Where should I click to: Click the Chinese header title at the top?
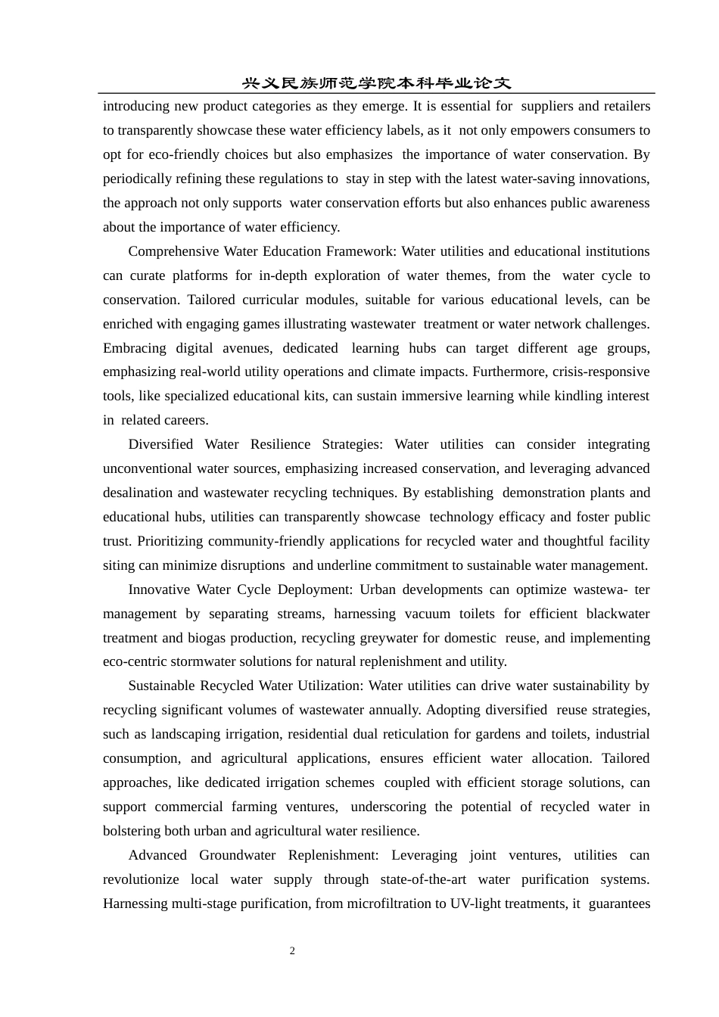click(376, 83)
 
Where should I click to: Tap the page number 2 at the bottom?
click(292, 951)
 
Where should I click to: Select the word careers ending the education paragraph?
click(185, 420)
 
